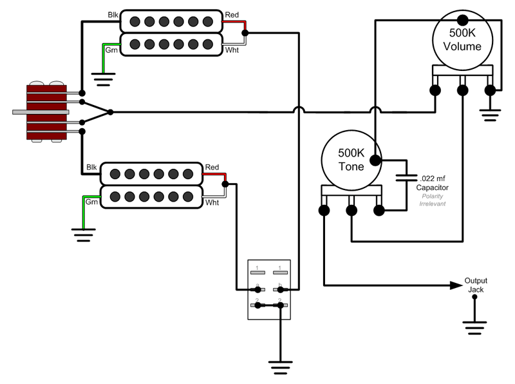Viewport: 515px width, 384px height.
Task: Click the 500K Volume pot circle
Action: tap(462, 39)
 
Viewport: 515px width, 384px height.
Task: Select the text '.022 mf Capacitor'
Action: tap(433, 182)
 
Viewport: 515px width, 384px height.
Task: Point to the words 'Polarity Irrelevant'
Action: tap(433, 199)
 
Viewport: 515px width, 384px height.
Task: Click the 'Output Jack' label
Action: tap(476, 285)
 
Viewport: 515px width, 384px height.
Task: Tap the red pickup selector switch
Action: tap(47, 111)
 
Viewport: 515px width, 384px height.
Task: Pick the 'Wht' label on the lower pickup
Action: tap(212, 202)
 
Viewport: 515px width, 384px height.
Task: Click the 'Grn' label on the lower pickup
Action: tap(92, 202)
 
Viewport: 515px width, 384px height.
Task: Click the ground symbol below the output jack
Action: tap(475, 330)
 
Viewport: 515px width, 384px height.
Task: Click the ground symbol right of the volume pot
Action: tap(491, 115)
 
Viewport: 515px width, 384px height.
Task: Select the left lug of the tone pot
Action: tap(324, 210)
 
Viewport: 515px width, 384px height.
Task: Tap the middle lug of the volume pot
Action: tap(462, 90)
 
